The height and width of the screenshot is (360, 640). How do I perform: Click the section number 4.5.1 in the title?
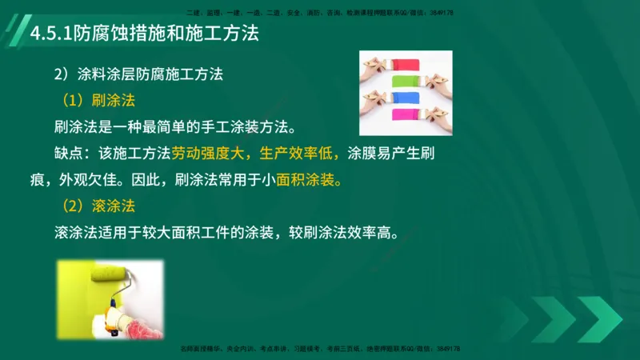(x=48, y=35)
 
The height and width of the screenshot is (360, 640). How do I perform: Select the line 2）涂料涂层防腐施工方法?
(x=138, y=74)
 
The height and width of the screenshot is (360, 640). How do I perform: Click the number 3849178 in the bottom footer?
(x=445, y=349)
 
